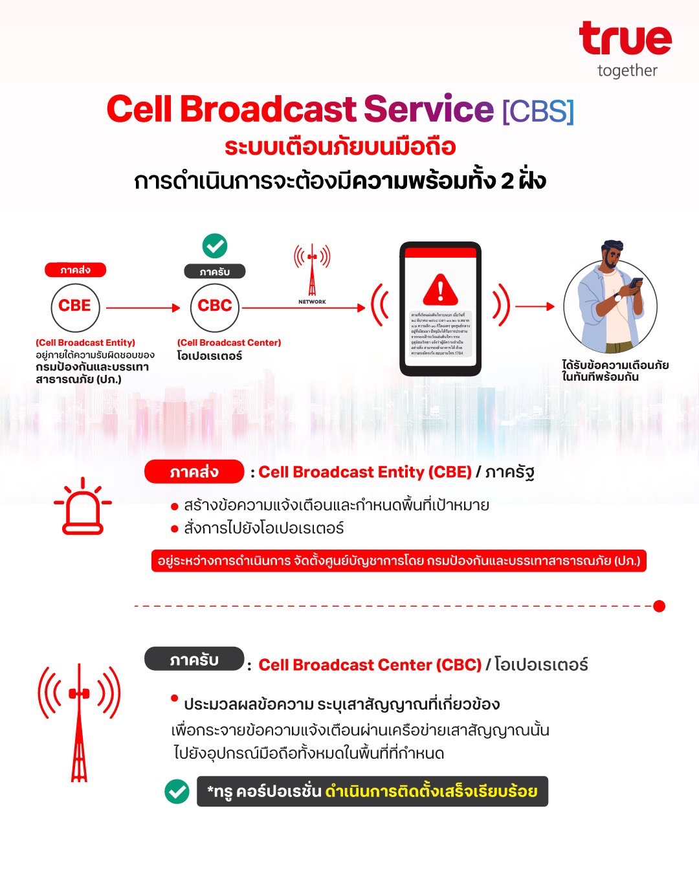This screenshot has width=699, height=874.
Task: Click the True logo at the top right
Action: click(625, 39)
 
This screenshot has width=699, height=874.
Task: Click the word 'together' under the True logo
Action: click(627, 71)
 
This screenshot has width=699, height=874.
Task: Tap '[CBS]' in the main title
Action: click(538, 111)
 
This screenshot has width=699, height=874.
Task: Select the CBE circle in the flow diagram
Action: click(75, 307)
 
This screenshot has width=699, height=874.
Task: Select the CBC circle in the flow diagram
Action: click(215, 307)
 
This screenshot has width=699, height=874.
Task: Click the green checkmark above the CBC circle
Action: click(215, 246)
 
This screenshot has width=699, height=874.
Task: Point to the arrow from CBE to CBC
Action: click(142, 308)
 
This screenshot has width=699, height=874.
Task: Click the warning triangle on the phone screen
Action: click(440, 289)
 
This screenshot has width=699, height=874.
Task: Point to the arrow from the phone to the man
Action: click(535, 306)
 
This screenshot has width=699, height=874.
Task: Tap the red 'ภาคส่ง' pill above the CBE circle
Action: click(75, 270)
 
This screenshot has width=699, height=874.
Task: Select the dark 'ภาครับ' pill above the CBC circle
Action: click(215, 272)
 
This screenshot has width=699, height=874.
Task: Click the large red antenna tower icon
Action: click(79, 722)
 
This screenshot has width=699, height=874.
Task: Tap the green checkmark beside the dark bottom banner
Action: click(177, 791)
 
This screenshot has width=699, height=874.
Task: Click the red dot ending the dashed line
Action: click(659, 606)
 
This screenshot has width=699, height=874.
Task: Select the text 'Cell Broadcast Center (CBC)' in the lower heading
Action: click(370, 665)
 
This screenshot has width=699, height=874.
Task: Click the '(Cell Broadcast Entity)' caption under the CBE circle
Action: click(85, 342)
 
